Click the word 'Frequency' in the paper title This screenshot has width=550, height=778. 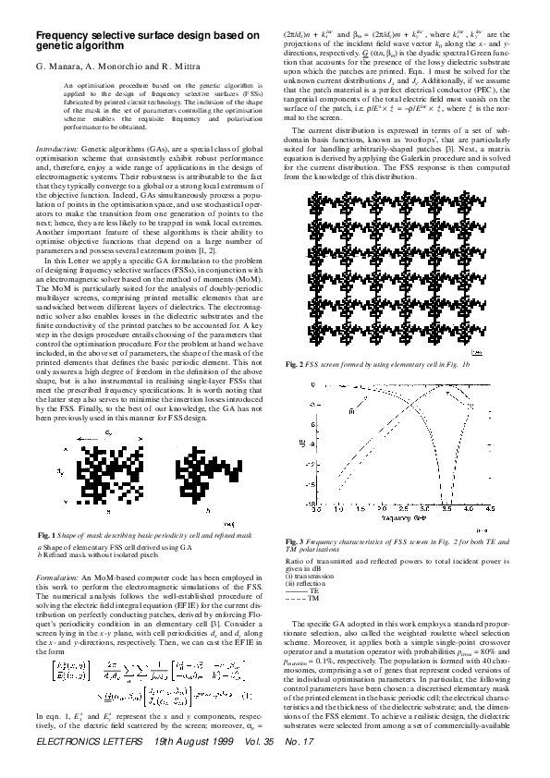point(64,34)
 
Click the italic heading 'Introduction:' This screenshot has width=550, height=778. point(56,148)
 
